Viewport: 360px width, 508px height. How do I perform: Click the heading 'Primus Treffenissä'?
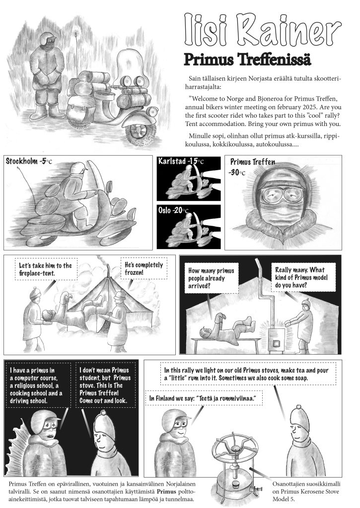[247, 60]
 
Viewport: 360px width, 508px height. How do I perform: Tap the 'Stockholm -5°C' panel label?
[28, 161]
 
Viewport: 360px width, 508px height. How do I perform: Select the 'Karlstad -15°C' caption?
[181, 161]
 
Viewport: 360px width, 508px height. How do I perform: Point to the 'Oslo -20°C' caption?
[173, 210]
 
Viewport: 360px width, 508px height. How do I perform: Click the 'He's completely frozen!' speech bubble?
[144, 268]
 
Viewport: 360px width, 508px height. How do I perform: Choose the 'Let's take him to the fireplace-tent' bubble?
[46, 269]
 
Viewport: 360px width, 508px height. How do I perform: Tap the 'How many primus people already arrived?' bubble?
[212, 278]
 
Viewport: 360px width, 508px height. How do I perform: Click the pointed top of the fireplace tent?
[108, 266]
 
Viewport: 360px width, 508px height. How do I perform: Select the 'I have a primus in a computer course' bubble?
[38, 385]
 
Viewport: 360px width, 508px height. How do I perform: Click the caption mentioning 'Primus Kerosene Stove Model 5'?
[306, 491]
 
